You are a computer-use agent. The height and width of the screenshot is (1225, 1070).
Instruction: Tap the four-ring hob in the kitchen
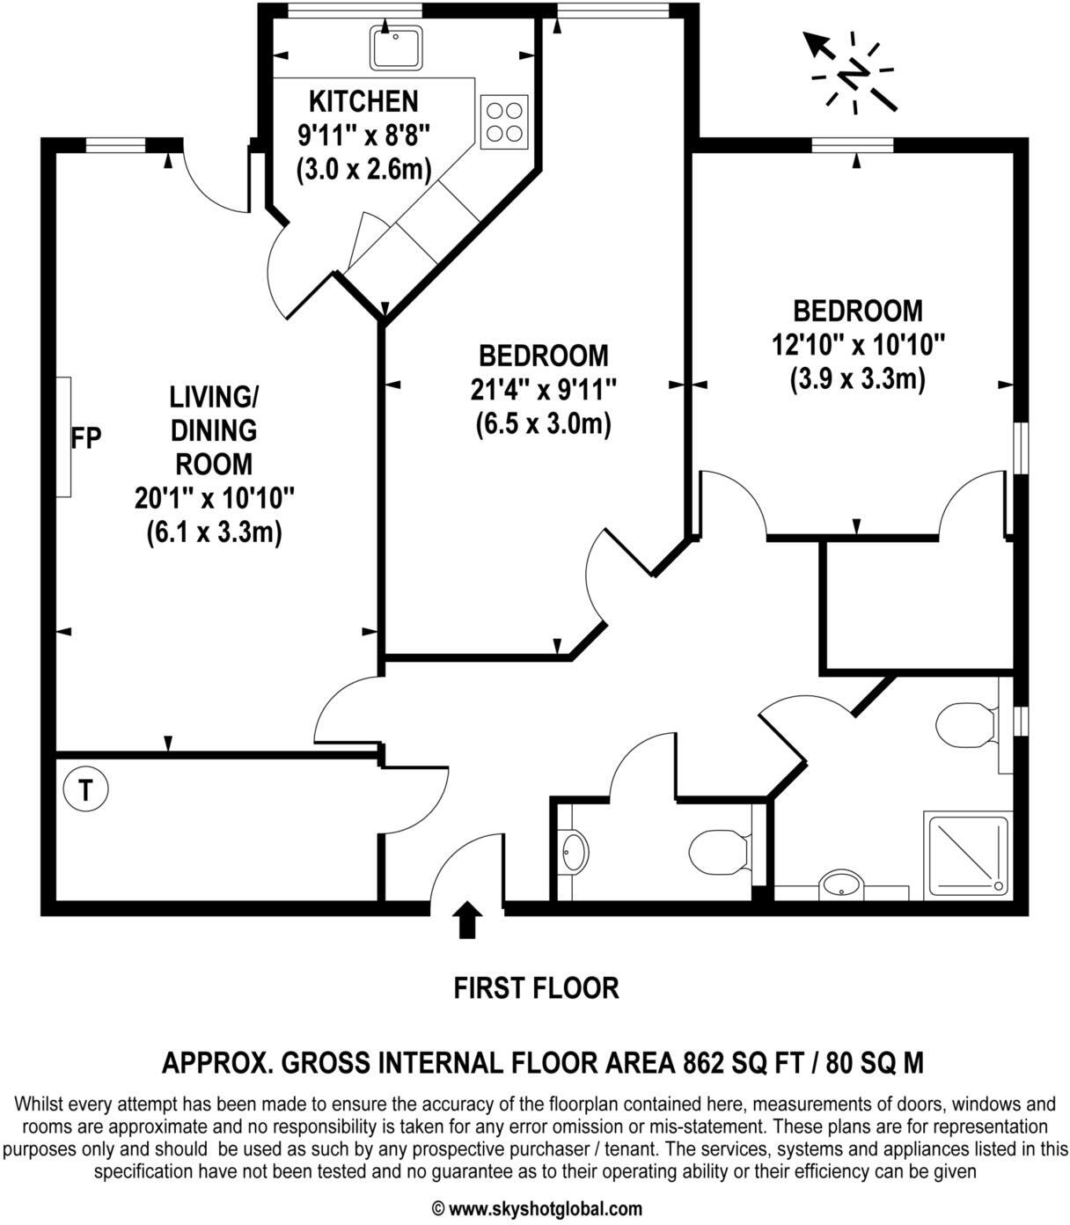pyautogui.click(x=504, y=121)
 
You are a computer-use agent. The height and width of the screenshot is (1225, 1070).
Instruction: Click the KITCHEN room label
pyautogui.click(x=363, y=102)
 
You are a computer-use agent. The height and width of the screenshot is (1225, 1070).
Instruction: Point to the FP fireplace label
pyautogui.click(x=86, y=437)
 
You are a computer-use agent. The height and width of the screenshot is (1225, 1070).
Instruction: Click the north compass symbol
pyautogui.click(x=852, y=74)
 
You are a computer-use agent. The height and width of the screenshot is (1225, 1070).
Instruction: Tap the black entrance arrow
pyautogui.click(x=466, y=921)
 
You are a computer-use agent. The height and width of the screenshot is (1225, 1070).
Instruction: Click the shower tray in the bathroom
pyautogui.click(x=965, y=853)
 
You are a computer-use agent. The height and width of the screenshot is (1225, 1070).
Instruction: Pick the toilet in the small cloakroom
pyautogui.click(x=717, y=851)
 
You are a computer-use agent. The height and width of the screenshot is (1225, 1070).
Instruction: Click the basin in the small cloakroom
pyautogui.click(x=575, y=852)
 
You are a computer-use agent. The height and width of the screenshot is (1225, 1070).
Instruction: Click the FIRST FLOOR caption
pyautogui.click(x=536, y=988)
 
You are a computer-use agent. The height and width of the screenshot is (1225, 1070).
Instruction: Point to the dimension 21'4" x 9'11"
pyautogui.click(x=543, y=389)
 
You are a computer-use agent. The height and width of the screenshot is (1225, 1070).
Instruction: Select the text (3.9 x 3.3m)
pyautogui.click(x=858, y=378)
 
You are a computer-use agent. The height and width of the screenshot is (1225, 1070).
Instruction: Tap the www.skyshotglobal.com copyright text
pyautogui.click(x=536, y=1208)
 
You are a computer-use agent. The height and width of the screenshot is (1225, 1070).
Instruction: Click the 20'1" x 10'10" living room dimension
pyautogui.click(x=214, y=499)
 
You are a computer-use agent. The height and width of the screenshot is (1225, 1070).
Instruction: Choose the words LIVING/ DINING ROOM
pyautogui.click(x=213, y=430)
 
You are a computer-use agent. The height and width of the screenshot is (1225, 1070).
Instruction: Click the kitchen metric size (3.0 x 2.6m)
pyautogui.click(x=363, y=168)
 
